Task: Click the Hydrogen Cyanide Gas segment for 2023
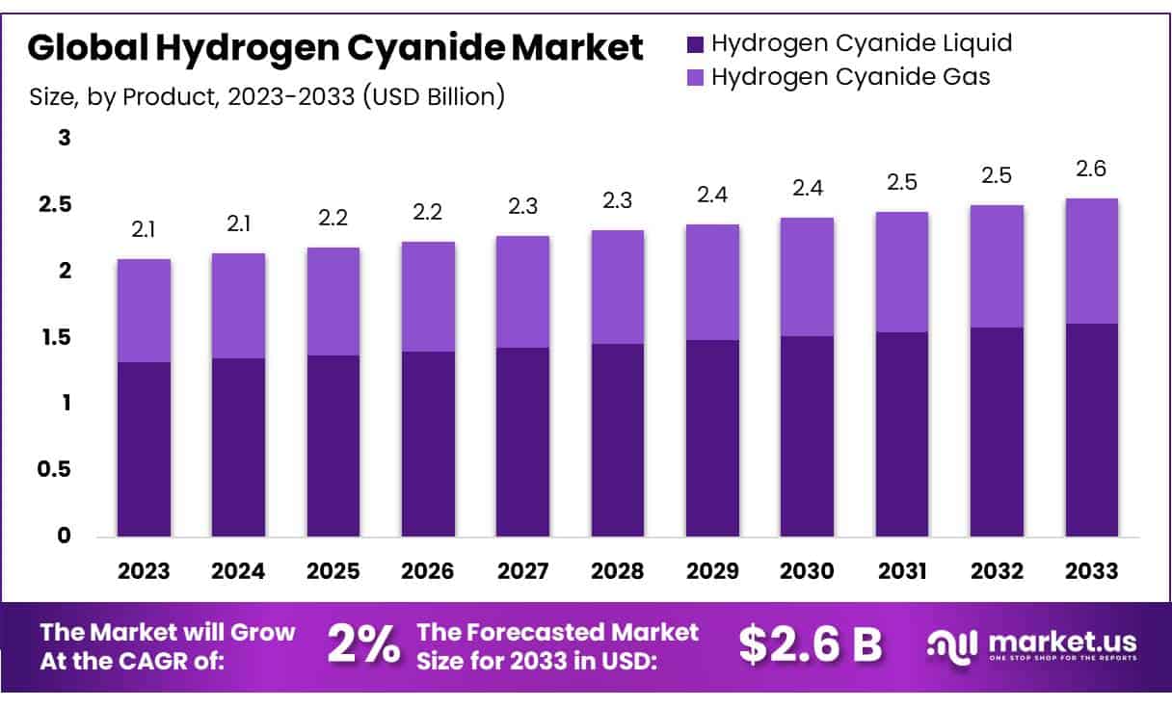click(144, 310)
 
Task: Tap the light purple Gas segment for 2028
click(618, 286)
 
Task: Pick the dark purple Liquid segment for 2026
click(428, 444)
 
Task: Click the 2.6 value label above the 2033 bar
click(1092, 170)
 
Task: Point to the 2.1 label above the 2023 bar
click(144, 230)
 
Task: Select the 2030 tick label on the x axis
click(808, 570)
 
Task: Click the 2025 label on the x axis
click(333, 570)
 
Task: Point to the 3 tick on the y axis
click(66, 138)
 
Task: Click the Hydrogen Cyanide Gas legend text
click(850, 77)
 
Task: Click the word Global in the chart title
click(84, 45)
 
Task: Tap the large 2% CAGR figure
click(363, 644)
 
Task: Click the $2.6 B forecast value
click(810, 644)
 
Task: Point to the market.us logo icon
click(953, 644)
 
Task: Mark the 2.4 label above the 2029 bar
click(712, 196)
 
